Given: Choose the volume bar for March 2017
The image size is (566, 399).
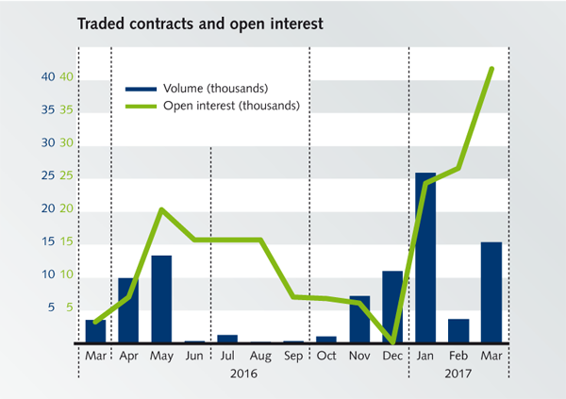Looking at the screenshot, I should click(x=491, y=292).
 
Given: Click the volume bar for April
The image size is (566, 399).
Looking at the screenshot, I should click(x=128, y=310).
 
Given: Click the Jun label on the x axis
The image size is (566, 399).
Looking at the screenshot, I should click(x=194, y=356).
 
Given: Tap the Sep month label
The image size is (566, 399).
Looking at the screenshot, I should click(x=293, y=356).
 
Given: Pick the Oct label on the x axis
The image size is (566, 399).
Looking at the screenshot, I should click(x=326, y=356).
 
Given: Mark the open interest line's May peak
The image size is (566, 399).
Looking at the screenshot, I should click(x=161, y=209).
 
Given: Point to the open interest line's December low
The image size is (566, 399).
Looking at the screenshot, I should click(x=392, y=341).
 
